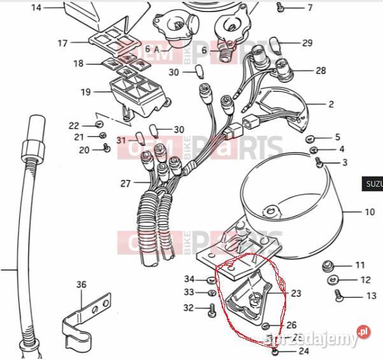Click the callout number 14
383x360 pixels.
[36, 8]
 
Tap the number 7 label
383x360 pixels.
[310, 8]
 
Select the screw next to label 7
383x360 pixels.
[281, 8]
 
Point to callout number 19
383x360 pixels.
[86, 92]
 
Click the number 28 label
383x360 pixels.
[321, 70]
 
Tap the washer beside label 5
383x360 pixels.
[310, 138]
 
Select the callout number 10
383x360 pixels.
[370, 212]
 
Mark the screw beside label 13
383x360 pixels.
[337, 295]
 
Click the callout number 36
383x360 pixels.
[81, 284]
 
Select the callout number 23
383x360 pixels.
[295, 294]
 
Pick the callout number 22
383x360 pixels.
[74, 126]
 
